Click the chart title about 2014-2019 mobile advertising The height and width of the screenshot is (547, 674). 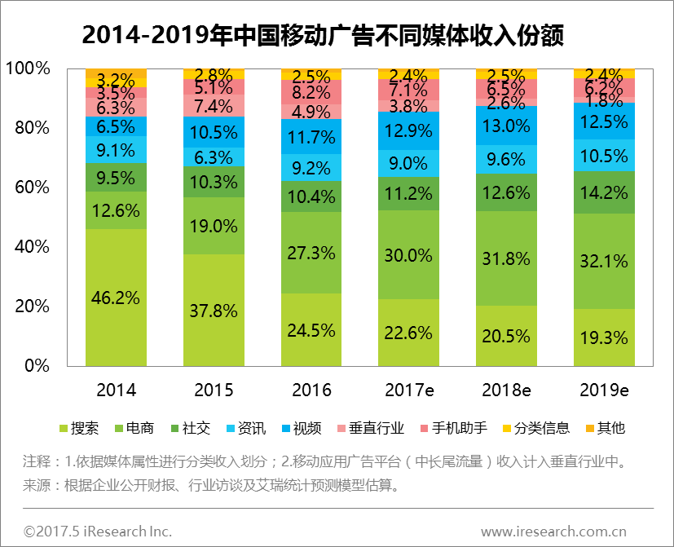pos(324,36)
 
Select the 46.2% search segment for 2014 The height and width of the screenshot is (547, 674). pos(116,298)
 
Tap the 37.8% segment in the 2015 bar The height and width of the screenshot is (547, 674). pos(214,311)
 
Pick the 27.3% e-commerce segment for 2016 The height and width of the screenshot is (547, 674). pos(311,253)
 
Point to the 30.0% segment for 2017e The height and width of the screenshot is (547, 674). pos(409,255)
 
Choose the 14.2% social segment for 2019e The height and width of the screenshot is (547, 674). pos(604,193)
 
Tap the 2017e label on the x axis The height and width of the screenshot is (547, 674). pos(409,390)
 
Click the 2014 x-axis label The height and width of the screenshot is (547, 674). pos(116,390)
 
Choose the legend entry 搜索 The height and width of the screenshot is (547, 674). pos(85,428)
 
